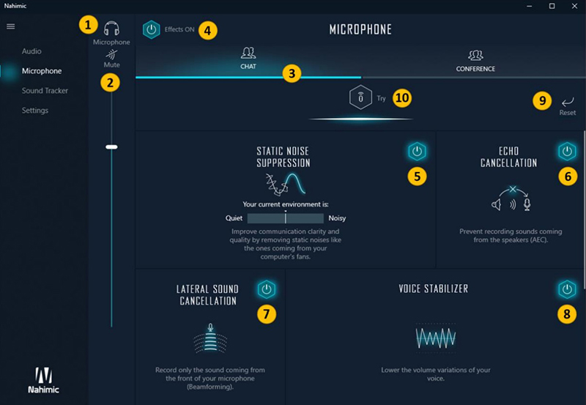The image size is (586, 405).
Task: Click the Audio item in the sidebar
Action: point(31,51)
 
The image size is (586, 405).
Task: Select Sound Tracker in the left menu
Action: point(45,91)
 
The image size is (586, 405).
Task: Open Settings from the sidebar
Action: point(35,111)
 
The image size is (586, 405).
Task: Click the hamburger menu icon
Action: point(10,26)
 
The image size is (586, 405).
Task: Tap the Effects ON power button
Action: point(151,30)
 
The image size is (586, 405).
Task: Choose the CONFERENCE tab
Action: point(475,59)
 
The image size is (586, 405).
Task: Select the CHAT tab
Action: point(248,57)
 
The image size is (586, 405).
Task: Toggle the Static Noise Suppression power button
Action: point(417,152)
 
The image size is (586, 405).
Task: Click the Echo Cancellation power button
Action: point(567,152)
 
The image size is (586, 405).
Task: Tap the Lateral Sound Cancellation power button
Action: point(267,290)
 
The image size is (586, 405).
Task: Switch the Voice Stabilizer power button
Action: point(567,289)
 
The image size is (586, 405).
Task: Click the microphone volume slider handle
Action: point(111,146)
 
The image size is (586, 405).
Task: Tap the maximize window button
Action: point(552,6)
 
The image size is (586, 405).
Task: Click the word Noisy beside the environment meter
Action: point(337,218)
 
